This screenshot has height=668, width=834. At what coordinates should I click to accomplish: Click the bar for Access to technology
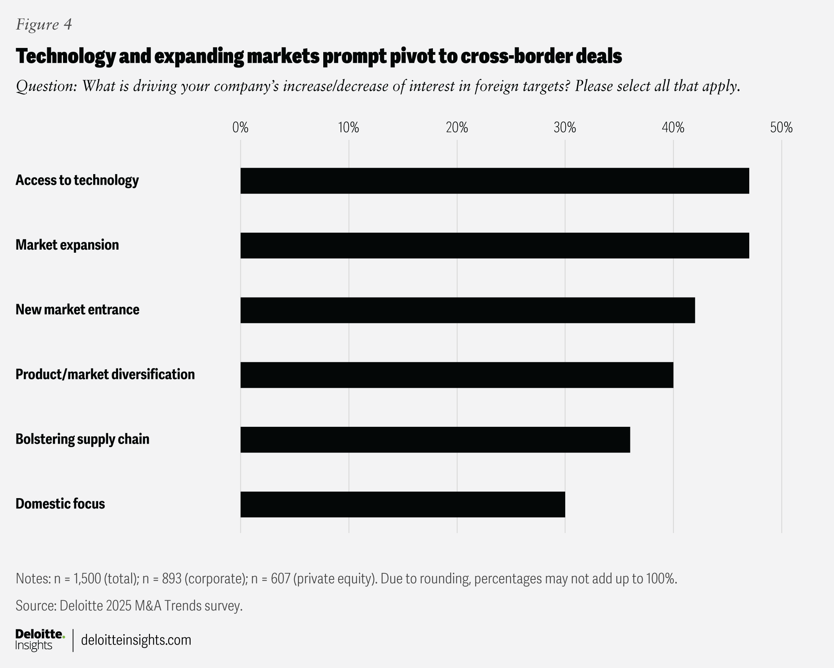coord(494,181)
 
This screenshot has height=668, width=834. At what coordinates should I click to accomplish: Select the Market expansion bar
coord(494,245)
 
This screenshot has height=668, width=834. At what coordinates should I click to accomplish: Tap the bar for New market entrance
coord(467,310)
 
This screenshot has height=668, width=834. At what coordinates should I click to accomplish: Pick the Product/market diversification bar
coord(456,375)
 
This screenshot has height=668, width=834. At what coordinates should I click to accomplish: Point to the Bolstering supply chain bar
coord(435,439)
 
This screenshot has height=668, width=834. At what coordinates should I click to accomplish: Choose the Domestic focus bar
coord(402,504)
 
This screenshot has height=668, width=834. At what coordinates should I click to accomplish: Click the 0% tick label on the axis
coord(240,127)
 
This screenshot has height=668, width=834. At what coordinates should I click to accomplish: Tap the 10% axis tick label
coord(349,127)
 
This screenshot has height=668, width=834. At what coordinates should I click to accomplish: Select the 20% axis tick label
coord(457,127)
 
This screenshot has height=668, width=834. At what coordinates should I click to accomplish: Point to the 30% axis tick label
coord(565,127)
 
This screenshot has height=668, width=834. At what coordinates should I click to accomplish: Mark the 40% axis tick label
coord(673,127)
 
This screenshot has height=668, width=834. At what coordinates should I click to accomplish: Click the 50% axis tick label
coord(781,127)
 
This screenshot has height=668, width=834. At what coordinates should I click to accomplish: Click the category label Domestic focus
coord(60,503)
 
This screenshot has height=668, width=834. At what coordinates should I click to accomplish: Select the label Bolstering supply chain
coord(82,439)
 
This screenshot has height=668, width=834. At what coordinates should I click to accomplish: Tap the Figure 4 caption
coord(44,25)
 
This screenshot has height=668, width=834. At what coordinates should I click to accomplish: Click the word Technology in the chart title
coord(66,56)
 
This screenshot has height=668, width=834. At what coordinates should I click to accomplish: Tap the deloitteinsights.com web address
coord(136,640)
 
